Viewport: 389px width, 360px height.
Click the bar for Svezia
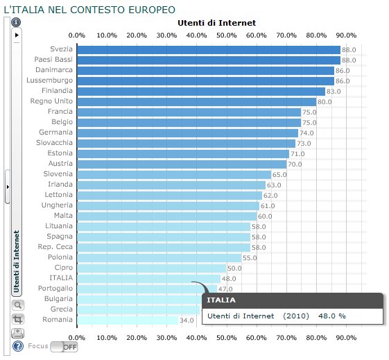(208, 50)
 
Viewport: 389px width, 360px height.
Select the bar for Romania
(128, 320)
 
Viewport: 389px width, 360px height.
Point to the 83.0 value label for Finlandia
(333, 91)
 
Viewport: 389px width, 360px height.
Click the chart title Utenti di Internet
(217, 23)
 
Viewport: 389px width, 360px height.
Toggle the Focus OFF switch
(64, 346)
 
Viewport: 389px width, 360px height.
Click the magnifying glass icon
(18, 305)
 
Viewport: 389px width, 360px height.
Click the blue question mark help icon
(18, 346)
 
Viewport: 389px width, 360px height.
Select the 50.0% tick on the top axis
(226, 35)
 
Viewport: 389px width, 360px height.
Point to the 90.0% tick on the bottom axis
(346, 337)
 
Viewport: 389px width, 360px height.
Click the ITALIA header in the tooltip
(222, 300)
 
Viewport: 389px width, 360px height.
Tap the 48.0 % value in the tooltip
(331, 316)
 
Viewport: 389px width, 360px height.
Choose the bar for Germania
(187, 132)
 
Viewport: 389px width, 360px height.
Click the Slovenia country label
(58, 174)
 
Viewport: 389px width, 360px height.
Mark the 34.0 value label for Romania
(187, 320)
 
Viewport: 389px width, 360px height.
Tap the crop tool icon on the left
(18, 318)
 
